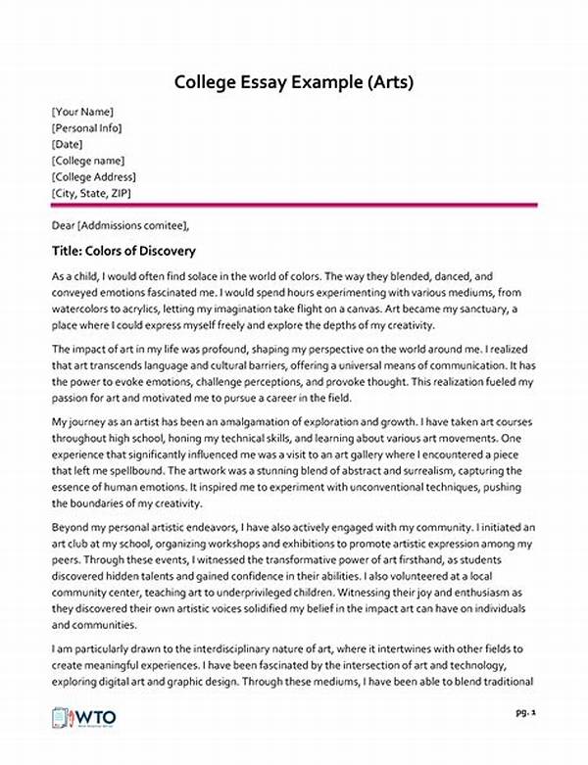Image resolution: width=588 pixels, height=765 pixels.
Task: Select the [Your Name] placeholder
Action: [x=82, y=112]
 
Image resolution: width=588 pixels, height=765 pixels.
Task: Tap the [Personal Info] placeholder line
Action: [x=87, y=127]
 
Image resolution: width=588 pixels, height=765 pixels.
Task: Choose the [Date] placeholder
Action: [x=69, y=144]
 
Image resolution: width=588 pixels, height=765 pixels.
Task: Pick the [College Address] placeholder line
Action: [x=93, y=177]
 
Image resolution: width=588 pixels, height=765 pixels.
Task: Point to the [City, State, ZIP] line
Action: [x=94, y=194]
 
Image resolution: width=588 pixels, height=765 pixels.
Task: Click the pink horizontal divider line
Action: [x=294, y=205]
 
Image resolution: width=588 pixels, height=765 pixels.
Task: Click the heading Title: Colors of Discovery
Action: [x=123, y=251]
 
